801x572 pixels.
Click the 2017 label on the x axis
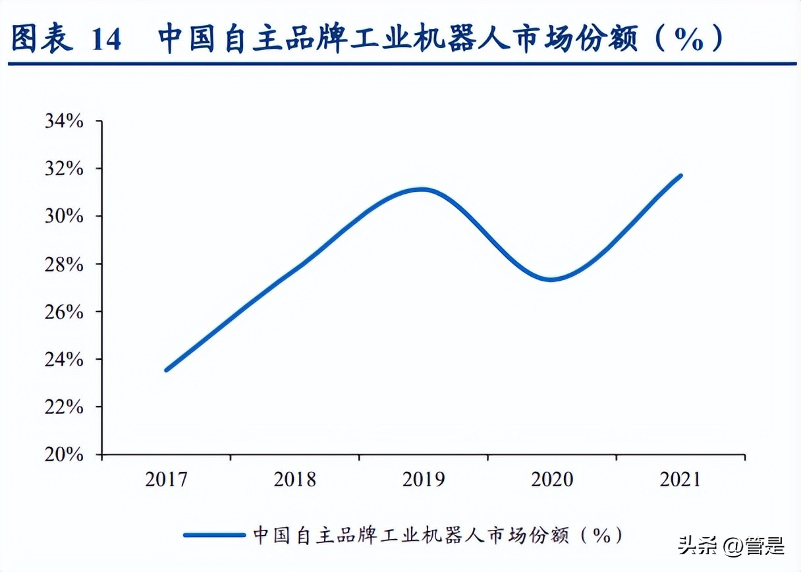pos(166,479)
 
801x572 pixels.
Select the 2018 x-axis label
pos(294,479)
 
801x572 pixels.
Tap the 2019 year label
pos(424,479)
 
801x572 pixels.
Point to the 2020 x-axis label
pos(553,479)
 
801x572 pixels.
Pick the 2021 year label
pos(680,479)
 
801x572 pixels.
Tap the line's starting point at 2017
pos(166,370)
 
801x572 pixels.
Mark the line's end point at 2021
pos(680,176)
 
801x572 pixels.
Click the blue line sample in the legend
pos(214,535)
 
